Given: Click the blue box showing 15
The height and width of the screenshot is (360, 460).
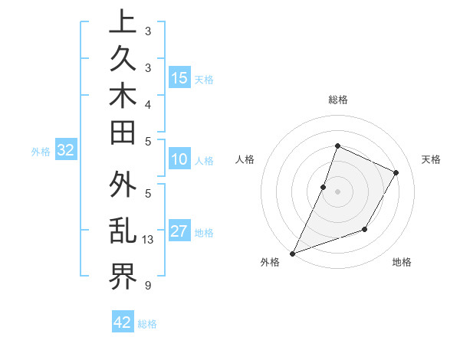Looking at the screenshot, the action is pos(179,78).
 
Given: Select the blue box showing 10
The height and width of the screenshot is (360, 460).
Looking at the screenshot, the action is pos(179,160).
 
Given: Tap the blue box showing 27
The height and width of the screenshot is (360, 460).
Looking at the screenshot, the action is pos(179,232).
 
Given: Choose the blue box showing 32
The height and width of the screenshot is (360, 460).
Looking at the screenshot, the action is pos(66,151).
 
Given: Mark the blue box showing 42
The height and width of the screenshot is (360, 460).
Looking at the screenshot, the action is pos(123,322).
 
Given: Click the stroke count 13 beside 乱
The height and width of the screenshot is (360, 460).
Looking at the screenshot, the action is pos(148,240).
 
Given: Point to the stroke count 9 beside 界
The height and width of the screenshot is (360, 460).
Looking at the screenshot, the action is pos(147,286).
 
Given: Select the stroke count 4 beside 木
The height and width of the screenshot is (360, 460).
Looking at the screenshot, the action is pos(147,103).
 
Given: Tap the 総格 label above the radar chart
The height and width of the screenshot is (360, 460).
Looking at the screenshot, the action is pos(337,100).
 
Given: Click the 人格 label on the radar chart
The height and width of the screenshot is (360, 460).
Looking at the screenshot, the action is pos(245,159).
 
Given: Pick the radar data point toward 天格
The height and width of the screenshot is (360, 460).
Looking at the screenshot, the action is pos(396,173).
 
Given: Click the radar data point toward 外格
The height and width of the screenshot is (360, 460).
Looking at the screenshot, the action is pos(292,254).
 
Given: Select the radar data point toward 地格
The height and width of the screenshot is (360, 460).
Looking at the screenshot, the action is pos(365,229).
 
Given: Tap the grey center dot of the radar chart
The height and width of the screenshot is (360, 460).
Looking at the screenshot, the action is pos(337,191).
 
